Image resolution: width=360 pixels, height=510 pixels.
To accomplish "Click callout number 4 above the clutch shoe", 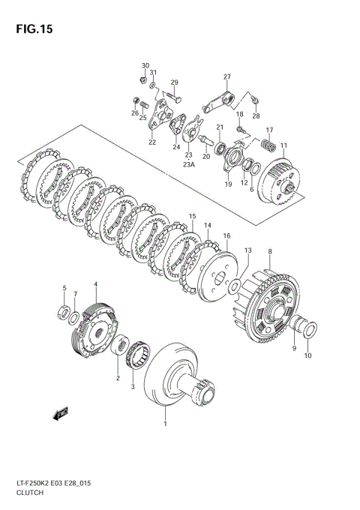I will coord(95,284).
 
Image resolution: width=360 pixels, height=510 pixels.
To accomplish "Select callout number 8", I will coord(270,253).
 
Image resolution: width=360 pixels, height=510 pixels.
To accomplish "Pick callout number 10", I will coord(307,355).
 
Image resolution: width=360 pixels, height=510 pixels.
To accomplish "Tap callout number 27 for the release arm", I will coord(226,76).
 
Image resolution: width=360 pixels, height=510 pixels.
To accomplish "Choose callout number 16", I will coord(226,235).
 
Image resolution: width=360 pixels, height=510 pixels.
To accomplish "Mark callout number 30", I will coord(145,66).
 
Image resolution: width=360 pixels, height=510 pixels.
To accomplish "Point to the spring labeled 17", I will coord(266,144).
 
